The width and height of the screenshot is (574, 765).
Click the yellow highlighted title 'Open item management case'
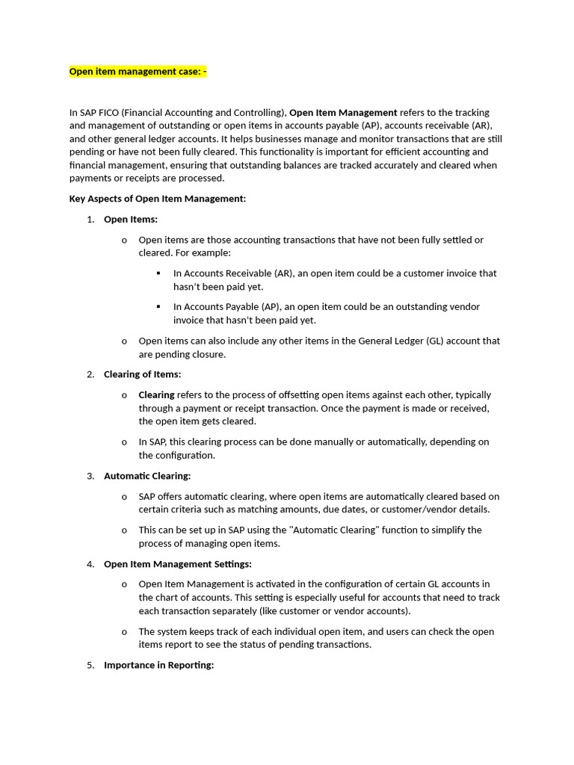(x=138, y=72)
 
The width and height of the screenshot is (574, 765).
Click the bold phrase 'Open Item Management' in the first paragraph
(x=343, y=112)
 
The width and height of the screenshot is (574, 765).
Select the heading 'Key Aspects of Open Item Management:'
(x=158, y=199)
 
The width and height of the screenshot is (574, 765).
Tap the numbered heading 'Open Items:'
(x=131, y=219)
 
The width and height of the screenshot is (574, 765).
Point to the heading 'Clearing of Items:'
(x=142, y=374)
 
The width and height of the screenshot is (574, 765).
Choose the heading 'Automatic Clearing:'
(x=147, y=476)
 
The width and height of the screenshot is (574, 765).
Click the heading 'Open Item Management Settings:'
(x=178, y=564)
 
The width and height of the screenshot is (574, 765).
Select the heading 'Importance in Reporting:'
(x=159, y=665)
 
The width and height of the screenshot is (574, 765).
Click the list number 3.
(x=90, y=476)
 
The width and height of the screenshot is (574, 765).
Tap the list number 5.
(x=90, y=665)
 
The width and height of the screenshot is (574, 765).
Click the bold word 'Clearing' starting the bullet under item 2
(x=156, y=394)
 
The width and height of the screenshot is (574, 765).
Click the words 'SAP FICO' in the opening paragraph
(x=101, y=112)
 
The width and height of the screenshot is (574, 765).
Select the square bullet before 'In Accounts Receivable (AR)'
(x=158, y=273)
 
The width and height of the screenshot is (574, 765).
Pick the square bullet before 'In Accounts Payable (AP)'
(x=158, y=306)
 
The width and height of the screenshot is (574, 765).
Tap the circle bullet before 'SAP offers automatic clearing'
(x=124, y=496)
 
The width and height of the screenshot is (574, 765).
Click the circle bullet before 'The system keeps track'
(x=124, y=631)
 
